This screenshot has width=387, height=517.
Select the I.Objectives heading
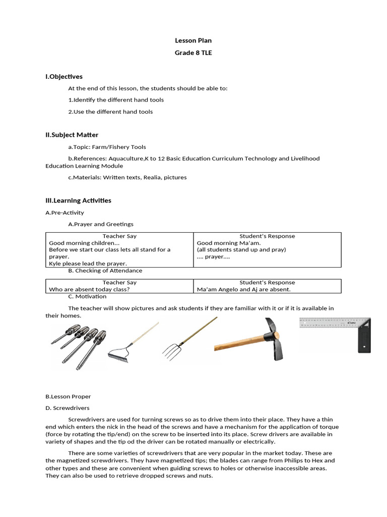click(x=64, y=77)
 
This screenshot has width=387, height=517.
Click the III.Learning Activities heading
click(x=78, y=200)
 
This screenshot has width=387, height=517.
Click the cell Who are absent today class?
click(x=89, y=290)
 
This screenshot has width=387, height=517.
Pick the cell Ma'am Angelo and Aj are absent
click(x=243, y=290)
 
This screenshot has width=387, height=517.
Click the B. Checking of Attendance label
click(x=106, y=271)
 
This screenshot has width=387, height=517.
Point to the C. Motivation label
click(x=87, y=296)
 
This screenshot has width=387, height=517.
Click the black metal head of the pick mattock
click(x=274, y=338)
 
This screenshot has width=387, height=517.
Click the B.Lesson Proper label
click(x=68, y=396)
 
